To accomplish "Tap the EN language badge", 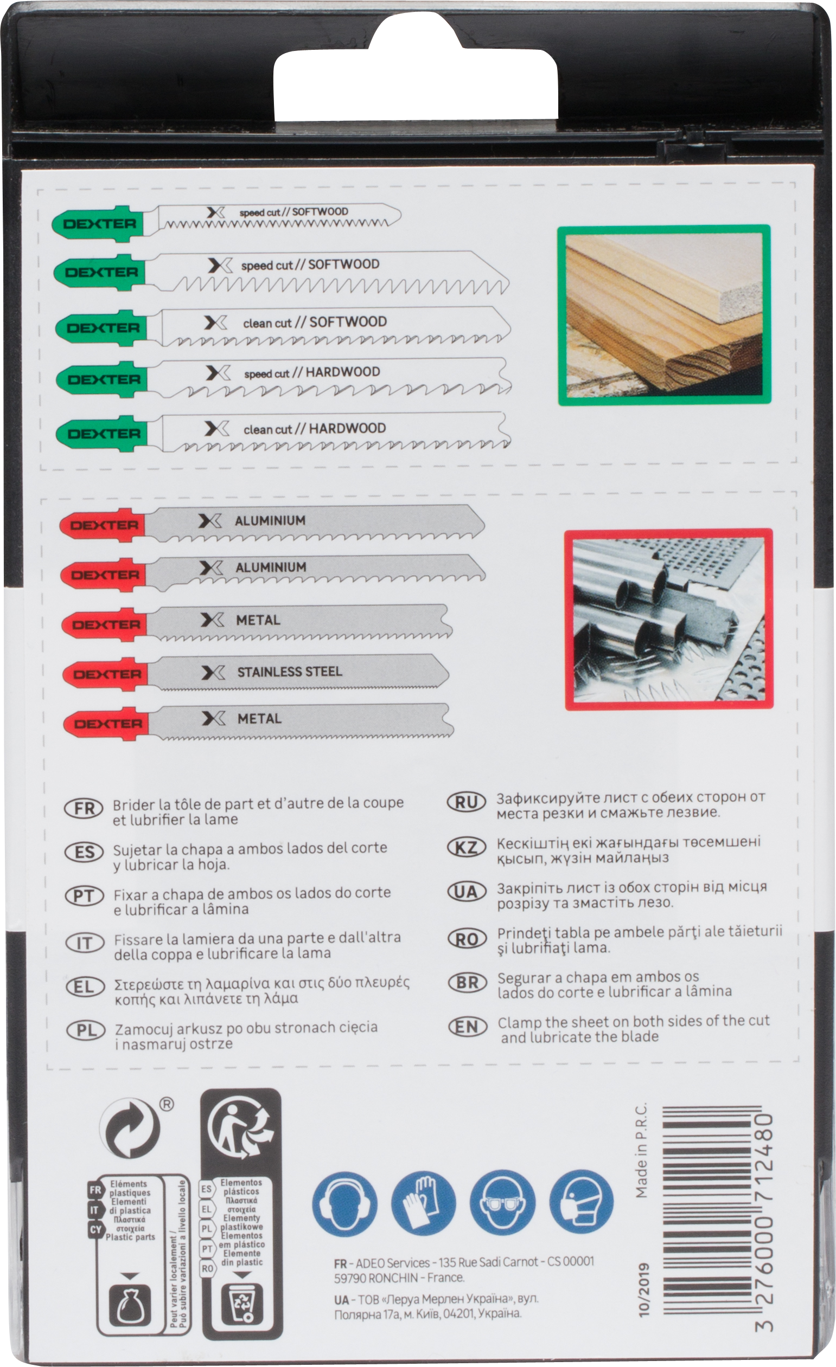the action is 467,1027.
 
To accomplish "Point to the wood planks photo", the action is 665,314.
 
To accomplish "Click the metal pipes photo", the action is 669,619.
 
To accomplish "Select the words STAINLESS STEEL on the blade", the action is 290,672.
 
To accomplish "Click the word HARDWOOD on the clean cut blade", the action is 347,428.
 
